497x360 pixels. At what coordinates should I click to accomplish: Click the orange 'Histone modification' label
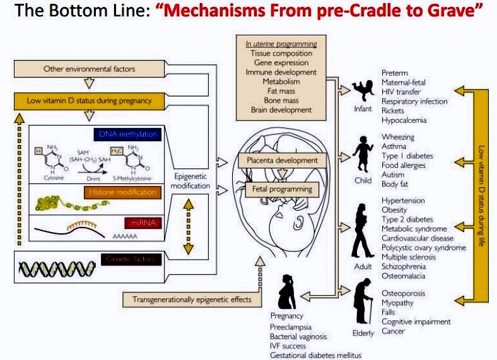(x=126, y=191)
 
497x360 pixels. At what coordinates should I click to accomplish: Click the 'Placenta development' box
(x=278, y=161)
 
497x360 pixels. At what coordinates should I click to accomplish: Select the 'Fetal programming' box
(x=278, y=189)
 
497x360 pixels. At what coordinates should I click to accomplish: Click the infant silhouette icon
(x=362, y=93)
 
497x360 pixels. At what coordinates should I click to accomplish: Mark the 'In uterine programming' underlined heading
(x=281, y=44)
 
